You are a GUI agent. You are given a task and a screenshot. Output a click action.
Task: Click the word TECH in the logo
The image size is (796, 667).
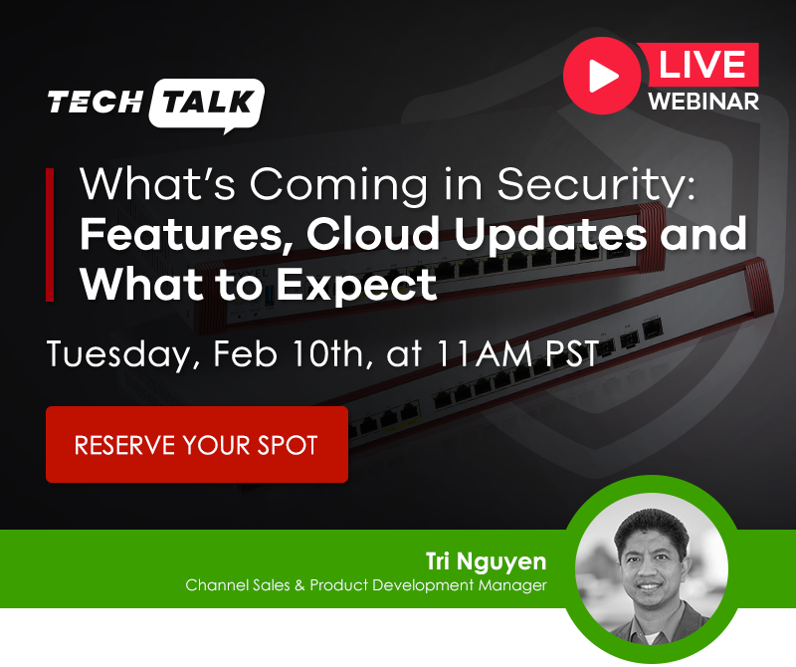[x=94, y=103]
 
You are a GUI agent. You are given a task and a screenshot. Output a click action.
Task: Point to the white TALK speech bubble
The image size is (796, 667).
[x=208, y=104]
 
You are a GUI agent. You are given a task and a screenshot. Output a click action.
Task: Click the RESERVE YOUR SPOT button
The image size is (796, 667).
[x=196, y=444]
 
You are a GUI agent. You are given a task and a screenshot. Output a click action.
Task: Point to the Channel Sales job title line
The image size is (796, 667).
[x=365, y=585]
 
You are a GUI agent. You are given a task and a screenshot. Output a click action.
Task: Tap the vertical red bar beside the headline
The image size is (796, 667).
[x=50, y=235]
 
